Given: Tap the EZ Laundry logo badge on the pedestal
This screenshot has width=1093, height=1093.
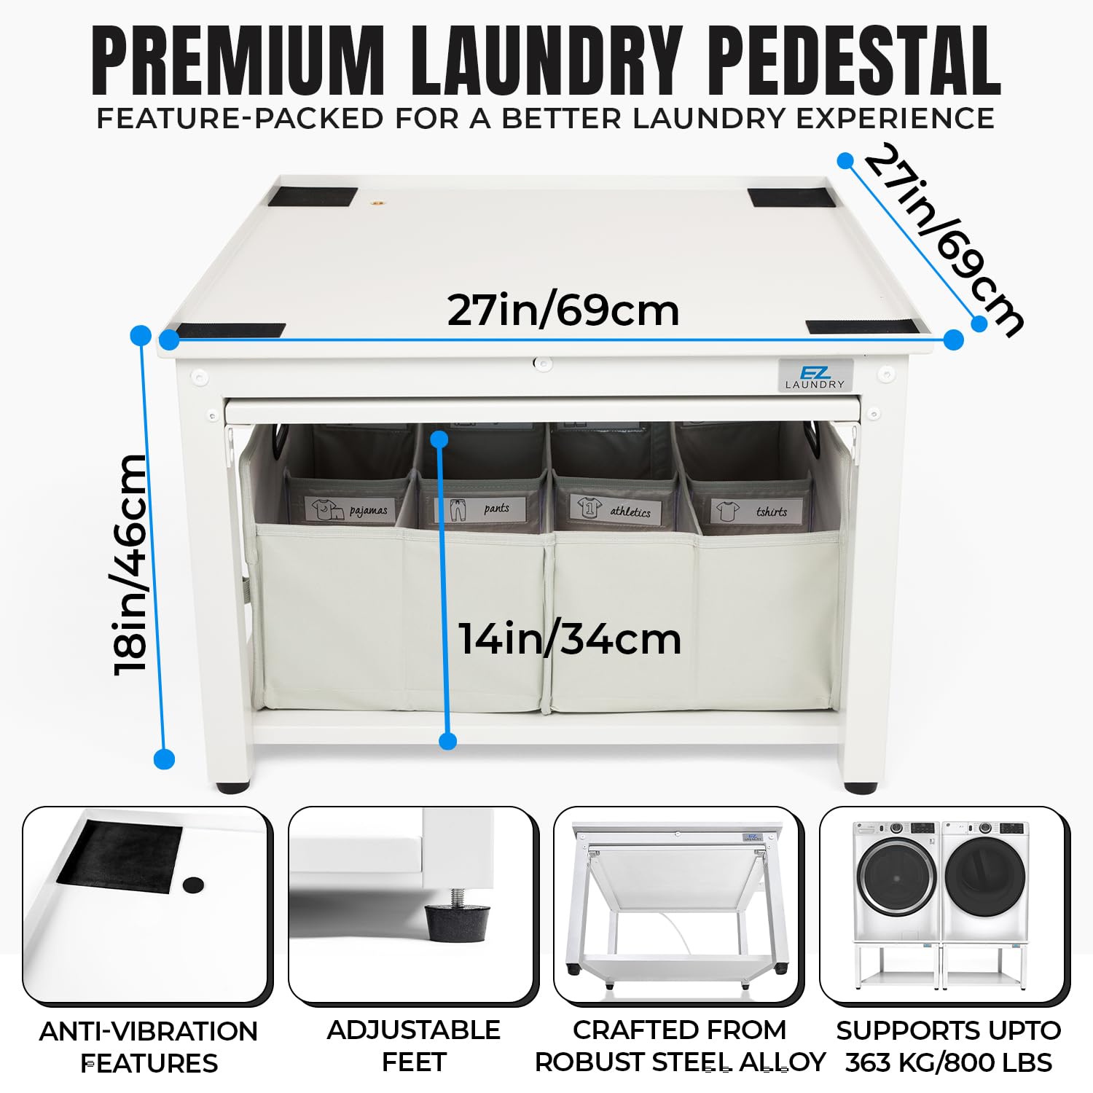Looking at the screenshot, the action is [x=815, y=375].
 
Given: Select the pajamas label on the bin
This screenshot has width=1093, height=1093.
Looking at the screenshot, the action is [x=350, y=509].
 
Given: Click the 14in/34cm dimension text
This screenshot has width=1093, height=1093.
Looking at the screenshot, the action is [x=570, y=638].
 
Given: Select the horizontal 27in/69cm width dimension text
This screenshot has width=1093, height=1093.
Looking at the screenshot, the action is [x=563, y=310].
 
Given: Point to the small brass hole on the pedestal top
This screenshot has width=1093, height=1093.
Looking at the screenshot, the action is [x=377, y=203].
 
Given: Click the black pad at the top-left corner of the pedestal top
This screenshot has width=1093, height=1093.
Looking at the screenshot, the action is [x=313, y=196].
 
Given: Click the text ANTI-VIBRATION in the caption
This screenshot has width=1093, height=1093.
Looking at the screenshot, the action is [x=149, y=1031].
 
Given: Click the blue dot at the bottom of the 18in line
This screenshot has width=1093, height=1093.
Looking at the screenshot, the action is [x=165, y=759].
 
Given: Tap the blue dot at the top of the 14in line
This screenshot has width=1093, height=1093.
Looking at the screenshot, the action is [x=439, y=439].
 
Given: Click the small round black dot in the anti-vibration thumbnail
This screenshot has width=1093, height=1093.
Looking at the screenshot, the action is [x=193, y=885].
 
